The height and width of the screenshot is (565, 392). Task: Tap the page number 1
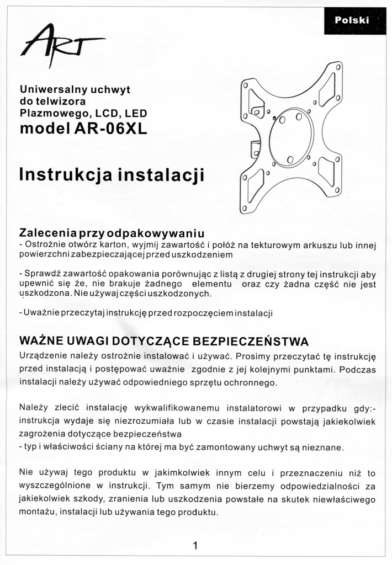click(195, 546)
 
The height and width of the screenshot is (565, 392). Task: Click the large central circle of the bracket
click(291, 137)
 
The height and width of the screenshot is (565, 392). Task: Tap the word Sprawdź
click(41, 274)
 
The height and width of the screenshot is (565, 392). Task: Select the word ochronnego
click(247, 382)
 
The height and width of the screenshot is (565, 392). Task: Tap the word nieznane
click(322, 447)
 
